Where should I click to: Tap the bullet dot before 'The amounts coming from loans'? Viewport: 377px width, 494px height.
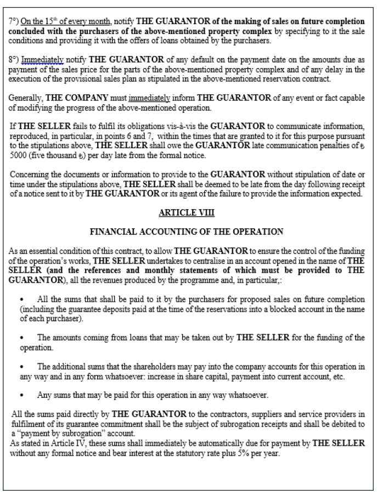(x=21, y=338)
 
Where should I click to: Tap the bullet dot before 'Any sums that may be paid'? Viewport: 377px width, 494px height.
(x=21, y=394)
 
